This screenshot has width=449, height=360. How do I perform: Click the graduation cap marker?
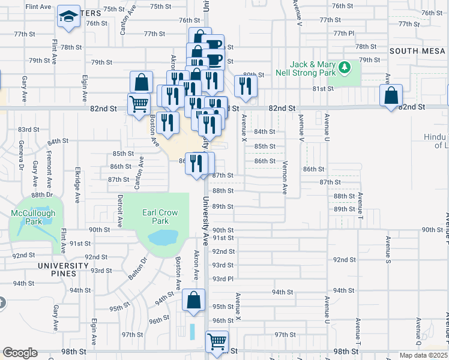69,17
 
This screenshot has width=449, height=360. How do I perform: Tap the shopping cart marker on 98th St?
217,342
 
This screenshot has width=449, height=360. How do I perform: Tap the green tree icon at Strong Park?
344,66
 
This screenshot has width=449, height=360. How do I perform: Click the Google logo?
20,352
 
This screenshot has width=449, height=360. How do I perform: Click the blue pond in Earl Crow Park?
161,238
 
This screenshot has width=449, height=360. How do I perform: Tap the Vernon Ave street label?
285,177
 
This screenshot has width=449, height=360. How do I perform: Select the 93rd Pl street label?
222,279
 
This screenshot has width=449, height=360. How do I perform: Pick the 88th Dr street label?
43,195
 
